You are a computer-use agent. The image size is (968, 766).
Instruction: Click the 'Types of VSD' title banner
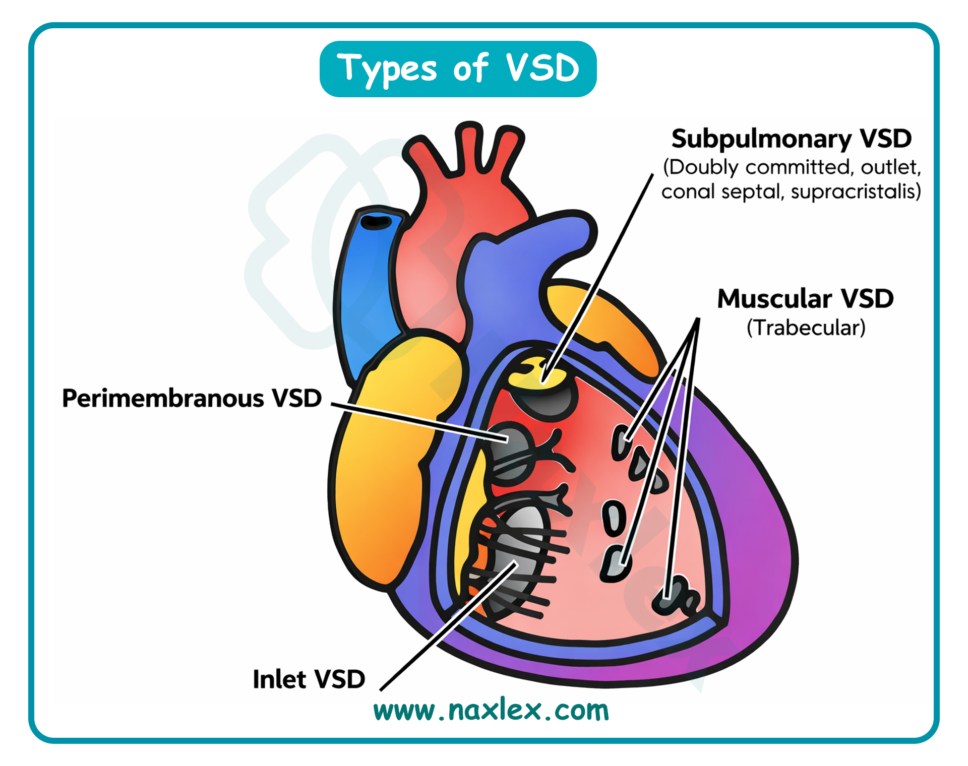click(458, 69)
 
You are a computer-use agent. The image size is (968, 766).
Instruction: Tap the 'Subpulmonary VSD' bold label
click(791, 139)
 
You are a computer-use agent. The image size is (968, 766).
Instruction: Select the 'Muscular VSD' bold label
click(805, 298)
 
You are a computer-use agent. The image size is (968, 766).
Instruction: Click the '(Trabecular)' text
click(806, 328)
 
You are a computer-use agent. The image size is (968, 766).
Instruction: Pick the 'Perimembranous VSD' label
click(192, 398)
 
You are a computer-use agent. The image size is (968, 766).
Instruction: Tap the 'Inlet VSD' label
click(309, 679)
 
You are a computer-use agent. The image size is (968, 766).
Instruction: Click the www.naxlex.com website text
click(491, 711)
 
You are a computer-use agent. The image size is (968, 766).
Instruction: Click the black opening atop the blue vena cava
click(376, 222)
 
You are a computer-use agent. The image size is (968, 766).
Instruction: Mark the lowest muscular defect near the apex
click(673, 597)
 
